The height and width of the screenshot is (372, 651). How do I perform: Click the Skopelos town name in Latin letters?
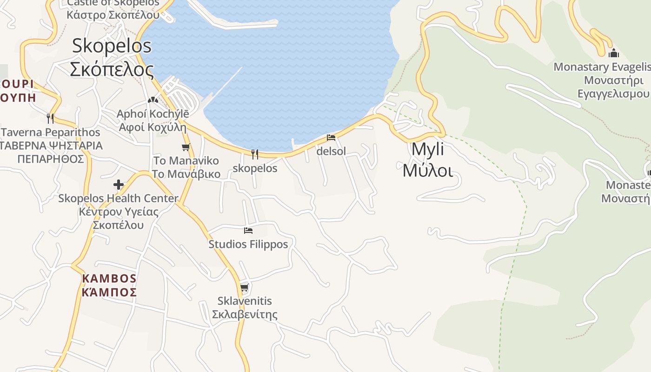tap(112, 46)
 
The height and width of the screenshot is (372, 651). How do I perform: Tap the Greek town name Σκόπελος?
tap(112, 69)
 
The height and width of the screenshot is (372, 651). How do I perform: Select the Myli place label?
tap(427, 150)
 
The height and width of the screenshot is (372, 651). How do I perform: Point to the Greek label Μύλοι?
tap(427, 171)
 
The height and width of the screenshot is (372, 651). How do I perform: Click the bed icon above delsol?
tap(331, 138)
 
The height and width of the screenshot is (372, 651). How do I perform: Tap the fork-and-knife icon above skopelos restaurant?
tap(254, 154)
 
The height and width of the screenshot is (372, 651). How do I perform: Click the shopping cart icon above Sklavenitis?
tap(245, 288)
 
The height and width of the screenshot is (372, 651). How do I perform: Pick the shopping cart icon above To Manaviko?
tap(186, 147)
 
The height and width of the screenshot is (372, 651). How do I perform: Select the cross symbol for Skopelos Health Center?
tap(119, 185)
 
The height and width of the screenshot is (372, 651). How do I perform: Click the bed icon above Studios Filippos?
tap(248, 231)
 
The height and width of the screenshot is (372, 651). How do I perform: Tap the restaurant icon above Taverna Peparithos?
tap(50, 119)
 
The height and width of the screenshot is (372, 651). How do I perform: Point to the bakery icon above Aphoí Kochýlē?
tap(153, 100)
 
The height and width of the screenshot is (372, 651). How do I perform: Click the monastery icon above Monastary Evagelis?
tap(613, 53)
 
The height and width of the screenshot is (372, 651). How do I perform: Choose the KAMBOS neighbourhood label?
tap(109, 279)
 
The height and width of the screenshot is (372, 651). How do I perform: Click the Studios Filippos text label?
tap(248, 244)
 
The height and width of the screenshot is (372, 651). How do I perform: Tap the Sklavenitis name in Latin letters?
tap(245, 301)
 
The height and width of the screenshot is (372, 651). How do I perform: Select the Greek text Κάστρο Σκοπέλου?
tap(113, 15)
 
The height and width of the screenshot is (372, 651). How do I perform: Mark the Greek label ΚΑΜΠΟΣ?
tap(109, 292)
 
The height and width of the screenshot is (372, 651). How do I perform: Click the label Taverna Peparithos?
tap(51, 133)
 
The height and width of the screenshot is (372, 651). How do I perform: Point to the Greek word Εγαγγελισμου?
tap(613, 94)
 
